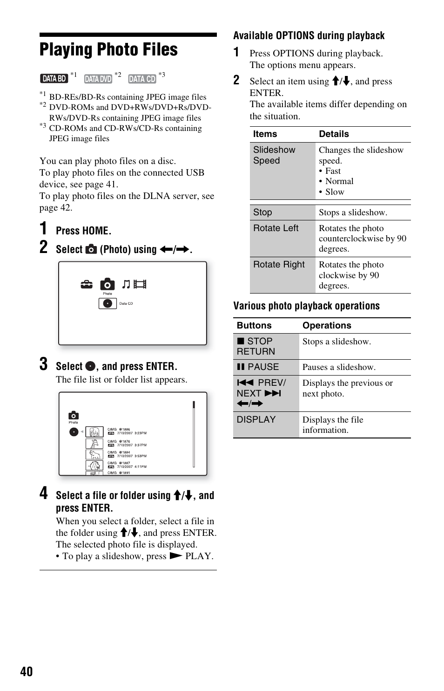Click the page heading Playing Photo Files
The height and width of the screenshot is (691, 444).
click(x=108, y=50)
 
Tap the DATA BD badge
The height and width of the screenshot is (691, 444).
click(x=54, y=79)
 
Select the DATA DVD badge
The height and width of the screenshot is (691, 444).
click(x=98, y=79)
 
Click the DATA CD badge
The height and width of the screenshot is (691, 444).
click(x=142, y=79)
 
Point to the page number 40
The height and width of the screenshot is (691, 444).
click(x=27, y=671)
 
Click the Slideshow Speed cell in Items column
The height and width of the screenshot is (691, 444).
click(x=274, y=155)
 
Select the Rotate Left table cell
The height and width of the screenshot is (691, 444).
click(x=276, y=228)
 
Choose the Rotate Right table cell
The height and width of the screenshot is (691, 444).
click(x=279, y=265)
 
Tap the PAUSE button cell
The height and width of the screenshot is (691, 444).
click(x=258, y=367)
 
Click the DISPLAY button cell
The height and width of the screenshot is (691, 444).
click(x=256, y=419)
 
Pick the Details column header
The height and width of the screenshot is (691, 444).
click(x=334, y=134)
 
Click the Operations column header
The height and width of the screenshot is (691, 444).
click(x=327, y=326)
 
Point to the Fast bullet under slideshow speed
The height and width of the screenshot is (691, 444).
click(x=333, y=171)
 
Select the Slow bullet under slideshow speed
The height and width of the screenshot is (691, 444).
click(x=335, y=192)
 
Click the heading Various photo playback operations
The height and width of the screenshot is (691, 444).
click(x=306, y=306)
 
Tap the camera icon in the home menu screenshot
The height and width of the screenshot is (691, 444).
click(x=107, y=284)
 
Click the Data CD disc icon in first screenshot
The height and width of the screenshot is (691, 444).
click(x=108, y=303)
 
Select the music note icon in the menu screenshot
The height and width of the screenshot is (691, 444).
click(x=126, y=284)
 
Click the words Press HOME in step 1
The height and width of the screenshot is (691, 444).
click(x=83, y=231)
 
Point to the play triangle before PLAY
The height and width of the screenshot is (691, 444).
click(x=175, y=556)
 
